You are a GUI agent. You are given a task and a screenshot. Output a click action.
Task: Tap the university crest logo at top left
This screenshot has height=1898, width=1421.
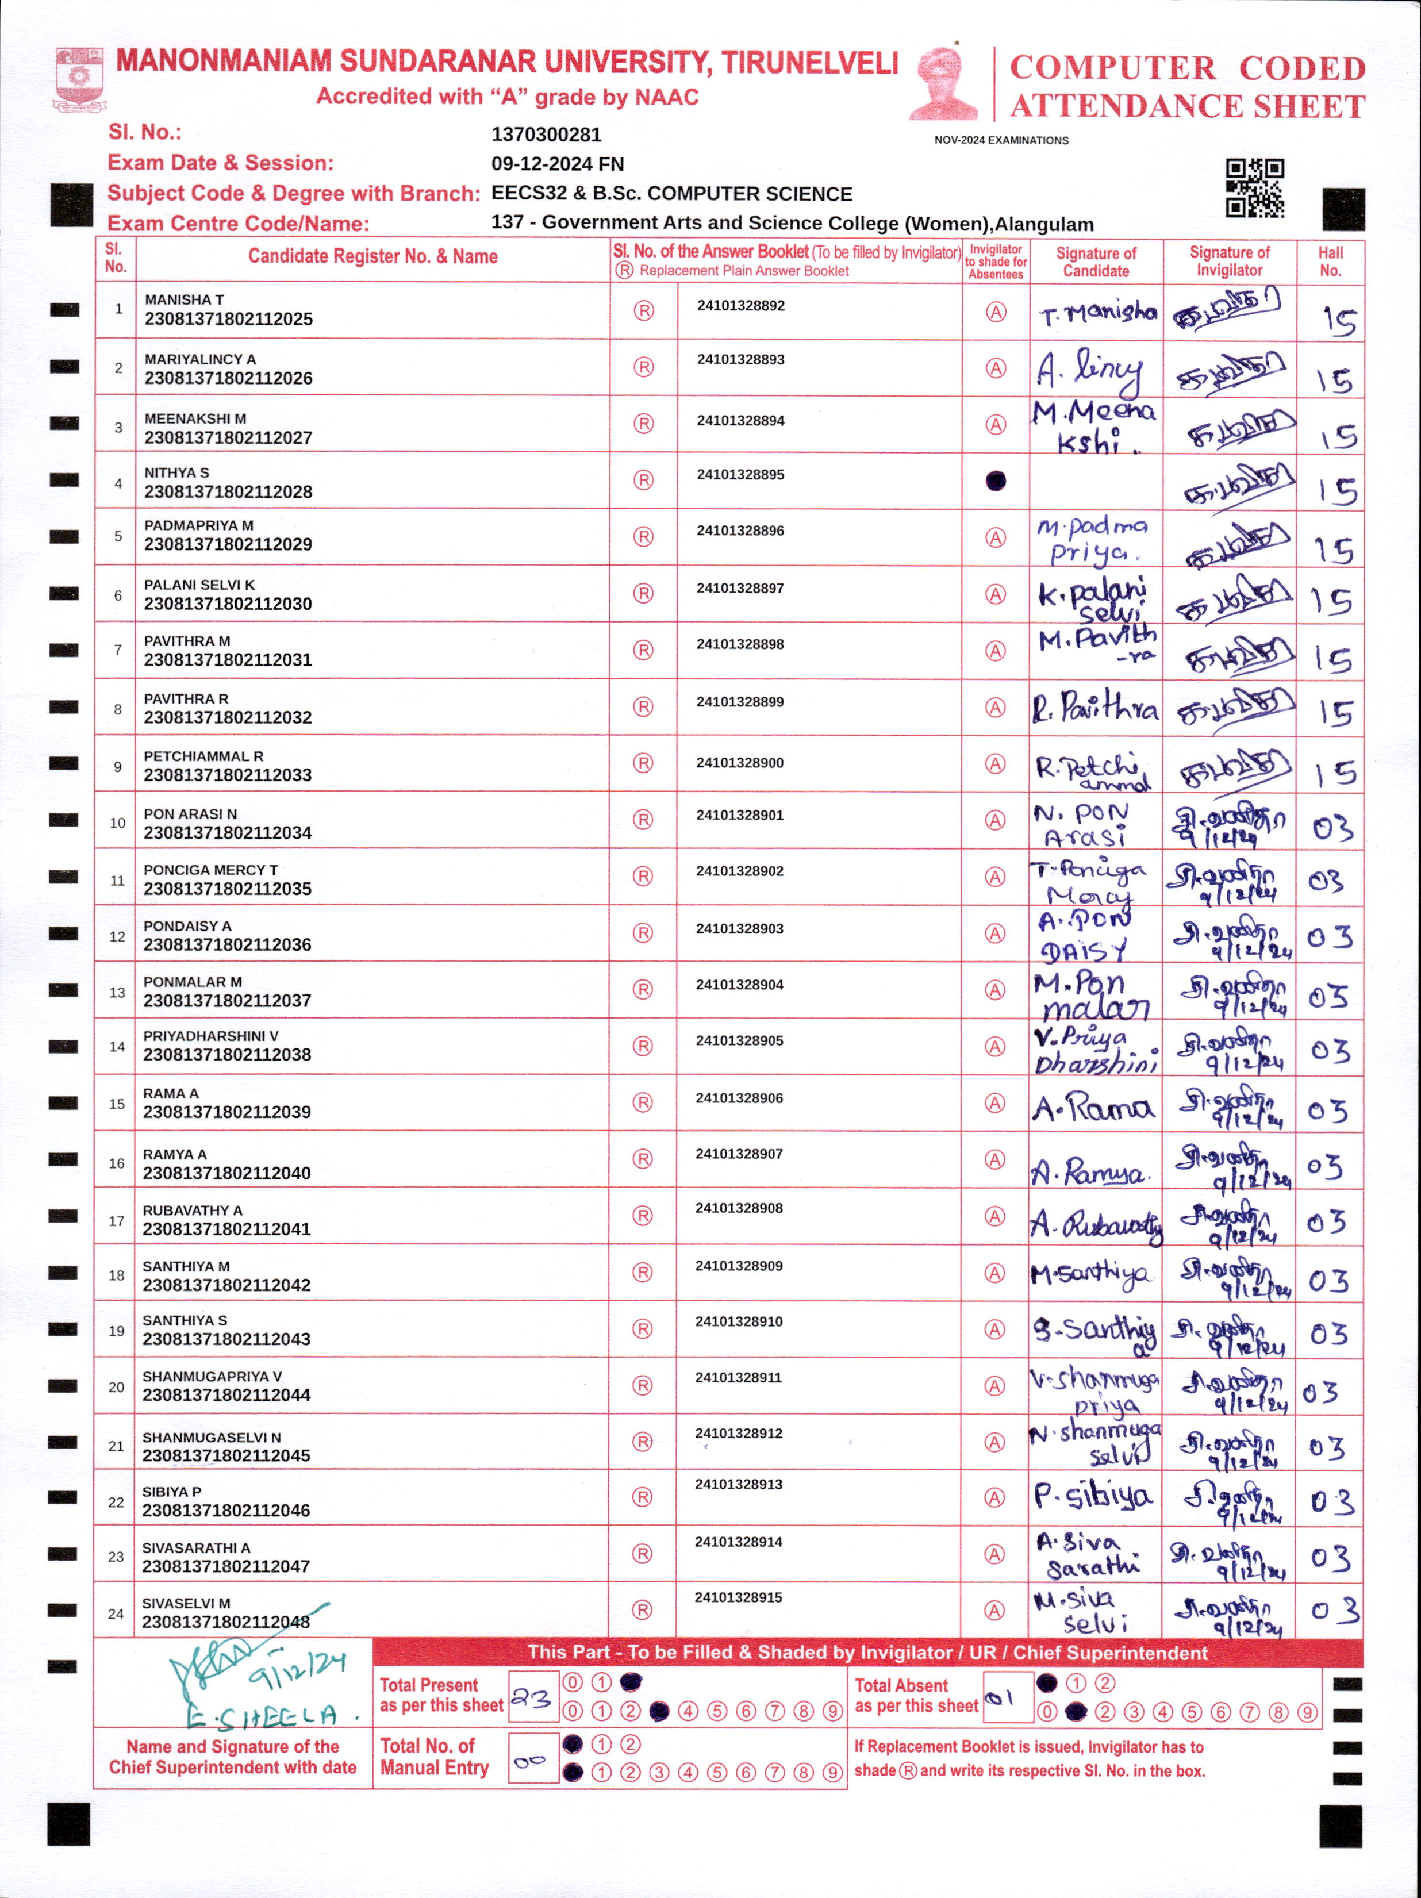click(79, 79)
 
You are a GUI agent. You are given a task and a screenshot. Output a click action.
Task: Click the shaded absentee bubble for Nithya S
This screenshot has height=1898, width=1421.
click(996, 481)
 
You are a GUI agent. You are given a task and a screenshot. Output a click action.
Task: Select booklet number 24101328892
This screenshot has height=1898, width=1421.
click(740, 305)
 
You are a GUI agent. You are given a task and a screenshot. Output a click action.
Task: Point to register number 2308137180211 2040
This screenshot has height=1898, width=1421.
click(226, 1173)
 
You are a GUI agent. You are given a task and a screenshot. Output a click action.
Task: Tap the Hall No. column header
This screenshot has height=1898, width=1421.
click(1330, 262)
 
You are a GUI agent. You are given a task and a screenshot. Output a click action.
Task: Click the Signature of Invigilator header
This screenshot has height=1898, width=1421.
click(1229, 262)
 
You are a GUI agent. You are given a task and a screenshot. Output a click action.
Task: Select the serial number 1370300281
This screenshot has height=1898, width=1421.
click(547, 135)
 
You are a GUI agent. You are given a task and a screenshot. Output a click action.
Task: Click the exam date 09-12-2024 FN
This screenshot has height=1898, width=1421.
click(558, 164)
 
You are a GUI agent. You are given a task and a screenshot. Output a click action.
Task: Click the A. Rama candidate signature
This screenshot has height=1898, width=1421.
click(1093, 1109)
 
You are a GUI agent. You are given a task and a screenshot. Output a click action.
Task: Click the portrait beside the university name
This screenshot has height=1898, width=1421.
click(944, 84)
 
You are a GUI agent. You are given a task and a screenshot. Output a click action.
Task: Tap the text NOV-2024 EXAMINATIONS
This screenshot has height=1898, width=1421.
click(1001, 140)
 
